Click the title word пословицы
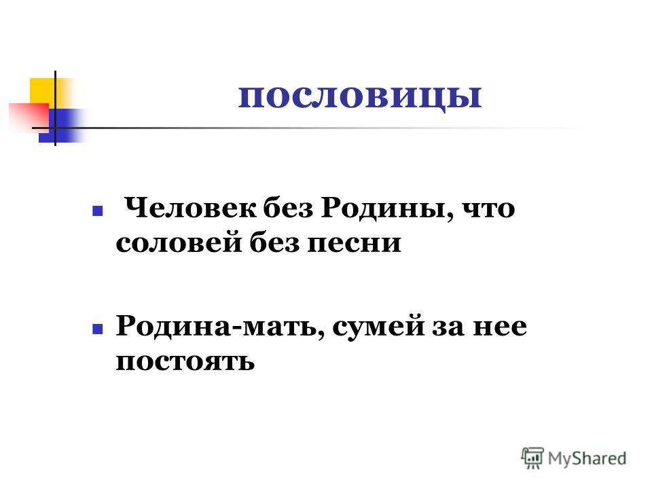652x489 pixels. pos(360,98)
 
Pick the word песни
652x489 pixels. pos(355,244)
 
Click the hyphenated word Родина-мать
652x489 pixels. pos(220,327)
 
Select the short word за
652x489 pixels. pos(448,327)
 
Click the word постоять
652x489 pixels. pos(185,362)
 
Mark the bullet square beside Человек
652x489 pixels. pos(97,211)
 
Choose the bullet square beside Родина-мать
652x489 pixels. pos(97,329)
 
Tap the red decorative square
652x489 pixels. pos(29,117)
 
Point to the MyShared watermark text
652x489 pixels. pos(587,458)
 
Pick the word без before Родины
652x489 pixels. pos(288,208)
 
